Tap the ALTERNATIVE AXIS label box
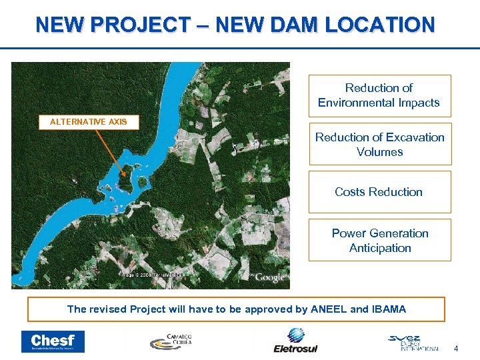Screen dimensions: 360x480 (89, 122)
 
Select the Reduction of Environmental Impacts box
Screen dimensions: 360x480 (379, 95)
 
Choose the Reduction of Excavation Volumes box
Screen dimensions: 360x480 (379, 144)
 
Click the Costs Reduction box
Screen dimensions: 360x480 (379, 192)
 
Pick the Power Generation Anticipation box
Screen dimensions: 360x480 (379, 240)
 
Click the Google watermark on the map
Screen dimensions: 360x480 (269, 277)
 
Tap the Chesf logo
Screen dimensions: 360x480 (53, 341)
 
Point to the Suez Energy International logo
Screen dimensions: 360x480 (413, 342)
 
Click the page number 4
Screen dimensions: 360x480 (456, 348)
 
